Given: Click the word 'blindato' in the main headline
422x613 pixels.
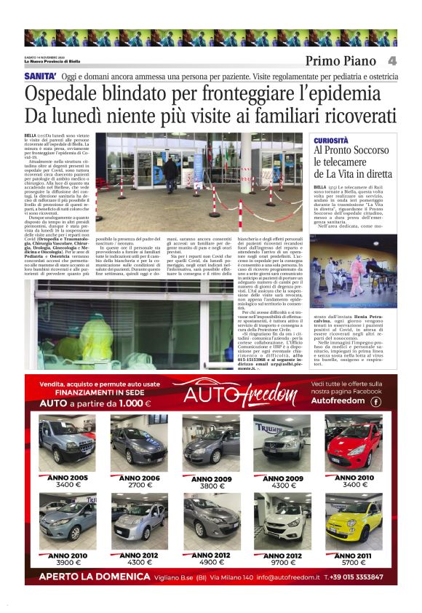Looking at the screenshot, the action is coord(132,94).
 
